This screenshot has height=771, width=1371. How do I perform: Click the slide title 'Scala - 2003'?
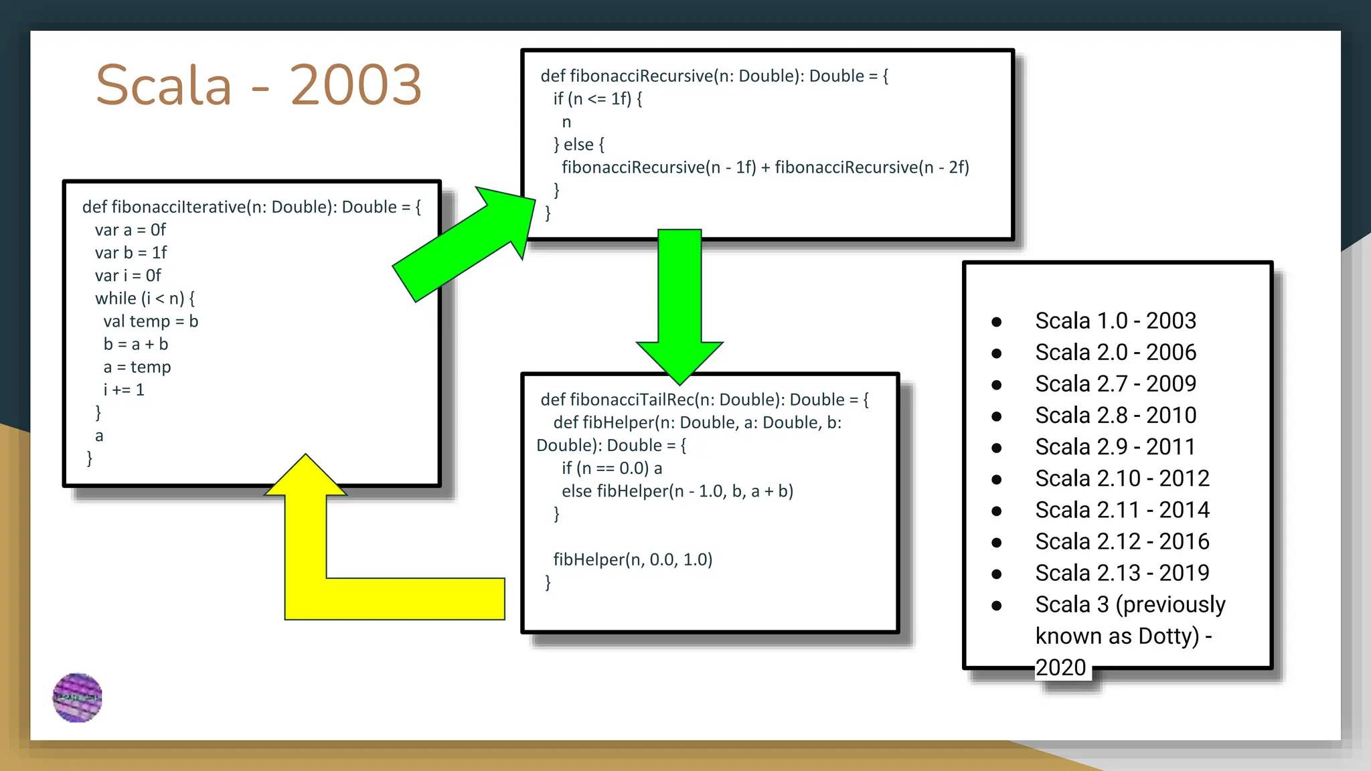(x=258, y=85)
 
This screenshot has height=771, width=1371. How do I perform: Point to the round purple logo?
(x=78, y=697)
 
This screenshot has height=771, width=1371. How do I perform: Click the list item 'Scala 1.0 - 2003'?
(x=1115, y=321)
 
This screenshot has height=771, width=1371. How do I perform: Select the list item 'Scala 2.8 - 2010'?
(x=1115, y=415)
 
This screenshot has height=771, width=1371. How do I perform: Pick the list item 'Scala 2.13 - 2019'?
(x=1122, y=573)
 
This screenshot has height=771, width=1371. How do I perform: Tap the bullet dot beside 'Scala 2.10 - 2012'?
(x=997, y=479)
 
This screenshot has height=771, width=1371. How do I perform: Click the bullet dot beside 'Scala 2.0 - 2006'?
(x=997, y=353)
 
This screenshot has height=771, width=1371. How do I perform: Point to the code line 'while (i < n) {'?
(x=145, y=298)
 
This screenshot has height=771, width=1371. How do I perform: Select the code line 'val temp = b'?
(x=151, y=321)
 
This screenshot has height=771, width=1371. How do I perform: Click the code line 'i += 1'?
(x=124, y=390)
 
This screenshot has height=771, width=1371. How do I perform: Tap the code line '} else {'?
(x=579, y=145)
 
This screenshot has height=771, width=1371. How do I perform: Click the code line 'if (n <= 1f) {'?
(x=597, y=99)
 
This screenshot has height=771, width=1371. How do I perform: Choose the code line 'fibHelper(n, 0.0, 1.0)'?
(x=633, y=560)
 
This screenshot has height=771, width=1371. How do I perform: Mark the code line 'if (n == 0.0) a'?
(x=612, y=468)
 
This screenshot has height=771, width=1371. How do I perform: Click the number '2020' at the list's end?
(x=1060, y=667)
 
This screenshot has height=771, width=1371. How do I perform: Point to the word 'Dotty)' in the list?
(x=1168, y=636)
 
